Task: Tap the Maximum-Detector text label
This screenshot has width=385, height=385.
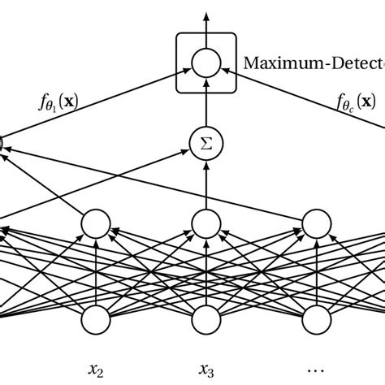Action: point(313,62)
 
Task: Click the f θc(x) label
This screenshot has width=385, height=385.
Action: point(356,102)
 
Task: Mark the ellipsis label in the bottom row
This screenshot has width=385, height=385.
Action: point(317,370)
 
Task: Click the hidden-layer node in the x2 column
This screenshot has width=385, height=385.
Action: point(97,223)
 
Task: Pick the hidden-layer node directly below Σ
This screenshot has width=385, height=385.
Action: point(206,223)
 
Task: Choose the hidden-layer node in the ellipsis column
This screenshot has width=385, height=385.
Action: point(317,223)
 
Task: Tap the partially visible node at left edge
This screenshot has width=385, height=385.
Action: point(2,145)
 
